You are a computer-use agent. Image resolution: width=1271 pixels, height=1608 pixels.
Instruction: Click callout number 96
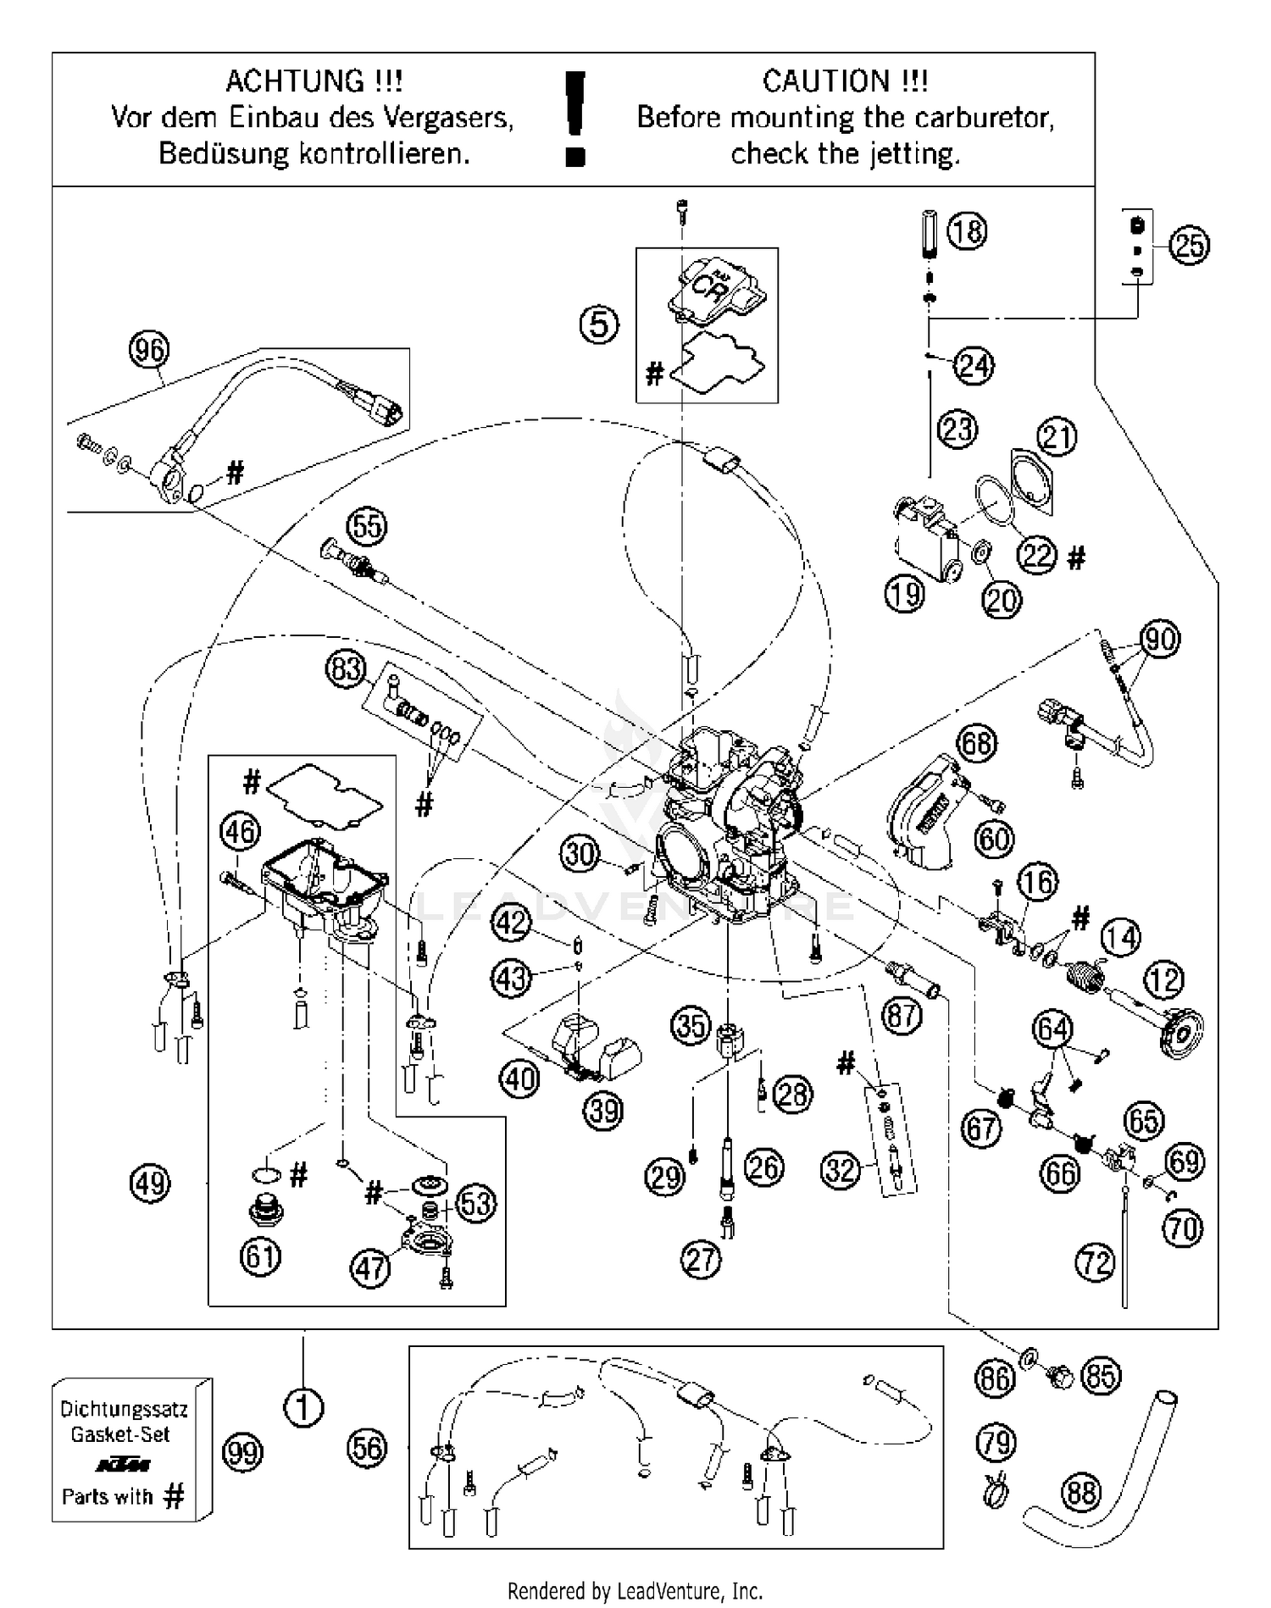pos(149,350)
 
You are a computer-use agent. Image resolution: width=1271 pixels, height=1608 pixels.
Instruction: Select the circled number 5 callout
pos(599,324)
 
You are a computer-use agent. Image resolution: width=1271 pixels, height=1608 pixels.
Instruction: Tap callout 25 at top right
pos(1189,246)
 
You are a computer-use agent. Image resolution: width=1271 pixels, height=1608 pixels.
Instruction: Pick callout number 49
pos(151,1183)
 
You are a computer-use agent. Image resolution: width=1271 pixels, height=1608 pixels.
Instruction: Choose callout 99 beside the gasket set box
pos(242,1454)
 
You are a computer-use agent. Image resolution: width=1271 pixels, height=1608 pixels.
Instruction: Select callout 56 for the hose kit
pos(368,1448)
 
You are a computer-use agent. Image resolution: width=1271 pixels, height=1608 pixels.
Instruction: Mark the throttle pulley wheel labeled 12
pos(1179,1031)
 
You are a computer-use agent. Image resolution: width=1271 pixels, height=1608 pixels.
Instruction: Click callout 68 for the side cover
pos(976,744)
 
